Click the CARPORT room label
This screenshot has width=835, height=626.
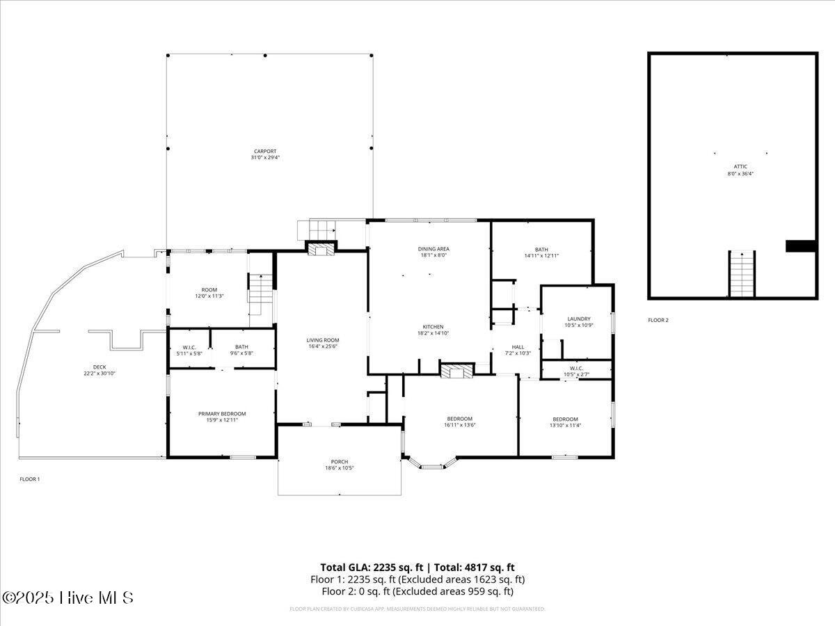coord(265,152)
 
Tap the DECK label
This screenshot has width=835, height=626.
coord(100,367)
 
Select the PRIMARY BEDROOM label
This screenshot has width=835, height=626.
coord(222,414)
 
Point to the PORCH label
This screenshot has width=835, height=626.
coord(340,462)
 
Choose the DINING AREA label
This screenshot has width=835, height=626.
coord(434,249)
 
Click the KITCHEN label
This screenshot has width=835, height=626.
coord(434,327)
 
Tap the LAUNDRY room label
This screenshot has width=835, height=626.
coord(578,319)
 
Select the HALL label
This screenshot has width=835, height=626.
coord(518,347)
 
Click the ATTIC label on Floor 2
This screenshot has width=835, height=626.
coord(740,167)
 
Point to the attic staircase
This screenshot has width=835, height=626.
coord(742,274)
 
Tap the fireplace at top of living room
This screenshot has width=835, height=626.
coord(321,248)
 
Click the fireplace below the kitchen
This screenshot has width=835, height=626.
coord(456,371)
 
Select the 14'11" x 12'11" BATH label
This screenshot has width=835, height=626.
coord(541,249)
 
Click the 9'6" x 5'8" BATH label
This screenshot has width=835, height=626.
coord(241,347)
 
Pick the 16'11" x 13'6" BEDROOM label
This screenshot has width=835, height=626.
coord(459,419)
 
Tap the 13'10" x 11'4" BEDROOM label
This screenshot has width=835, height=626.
coord(565,419)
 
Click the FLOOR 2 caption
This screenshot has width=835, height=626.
coord(658,321)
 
